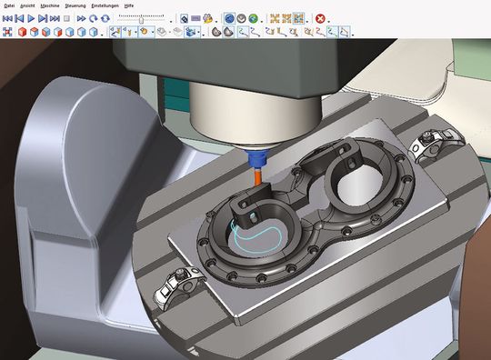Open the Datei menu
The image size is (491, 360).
(x=10, y=5)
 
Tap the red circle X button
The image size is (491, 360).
(x=320, y=18)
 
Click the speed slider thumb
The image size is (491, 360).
(x=141, y=18)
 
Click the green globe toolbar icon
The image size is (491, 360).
(x=252, y=18)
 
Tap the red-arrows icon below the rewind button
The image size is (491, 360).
(x=8, y=32)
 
